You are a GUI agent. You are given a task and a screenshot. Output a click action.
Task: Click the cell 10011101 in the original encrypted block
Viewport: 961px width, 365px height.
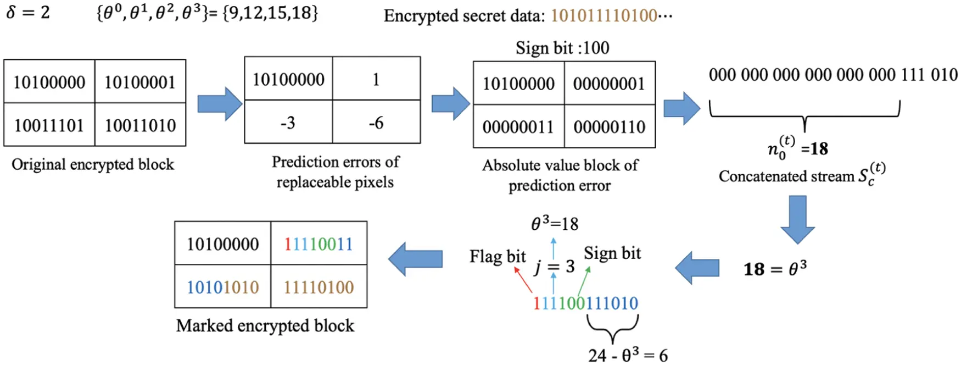tap(49, 125)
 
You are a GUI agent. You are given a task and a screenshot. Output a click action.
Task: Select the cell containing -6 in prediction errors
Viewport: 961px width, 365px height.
tap(376, 123)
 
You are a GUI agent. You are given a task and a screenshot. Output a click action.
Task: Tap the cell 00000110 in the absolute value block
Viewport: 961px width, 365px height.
tap(609, 127)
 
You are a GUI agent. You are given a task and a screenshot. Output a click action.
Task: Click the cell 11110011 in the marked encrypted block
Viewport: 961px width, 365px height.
tap(319, 244)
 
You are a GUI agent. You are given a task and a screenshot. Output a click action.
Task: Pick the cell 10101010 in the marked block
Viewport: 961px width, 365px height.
tap(222, 287)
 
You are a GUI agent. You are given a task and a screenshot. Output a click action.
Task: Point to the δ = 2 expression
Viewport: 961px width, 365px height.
tap(28, 12)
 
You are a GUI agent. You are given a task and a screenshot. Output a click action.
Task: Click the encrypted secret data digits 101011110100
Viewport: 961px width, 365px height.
tap(604, 15)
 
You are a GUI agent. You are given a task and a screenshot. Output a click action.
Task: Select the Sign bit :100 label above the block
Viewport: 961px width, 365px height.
tap(562, 48)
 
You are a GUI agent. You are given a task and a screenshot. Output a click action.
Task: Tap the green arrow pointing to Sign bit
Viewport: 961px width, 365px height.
tap(584, 280)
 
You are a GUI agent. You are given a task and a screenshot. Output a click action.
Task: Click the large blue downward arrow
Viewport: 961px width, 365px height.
tap(797, 219)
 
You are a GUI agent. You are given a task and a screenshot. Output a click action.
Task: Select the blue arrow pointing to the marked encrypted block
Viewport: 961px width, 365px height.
tap(415, 258)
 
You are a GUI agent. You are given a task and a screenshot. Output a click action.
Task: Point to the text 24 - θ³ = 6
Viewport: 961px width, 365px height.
tap(628, 355)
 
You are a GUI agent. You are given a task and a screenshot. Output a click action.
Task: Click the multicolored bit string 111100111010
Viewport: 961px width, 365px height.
tap(585, 303)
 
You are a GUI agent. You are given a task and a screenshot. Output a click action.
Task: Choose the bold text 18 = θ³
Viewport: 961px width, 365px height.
tap(775, 269)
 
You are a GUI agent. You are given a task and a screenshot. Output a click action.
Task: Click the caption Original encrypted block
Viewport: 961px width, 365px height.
tap(93, 164)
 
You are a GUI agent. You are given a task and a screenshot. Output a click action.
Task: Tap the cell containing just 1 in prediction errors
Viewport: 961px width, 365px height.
tap(376, 79)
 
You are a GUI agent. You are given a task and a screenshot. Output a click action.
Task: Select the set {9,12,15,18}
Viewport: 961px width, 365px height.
tap(270, 12)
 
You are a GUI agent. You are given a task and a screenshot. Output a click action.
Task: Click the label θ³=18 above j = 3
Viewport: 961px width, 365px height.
tap(555, 224)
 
